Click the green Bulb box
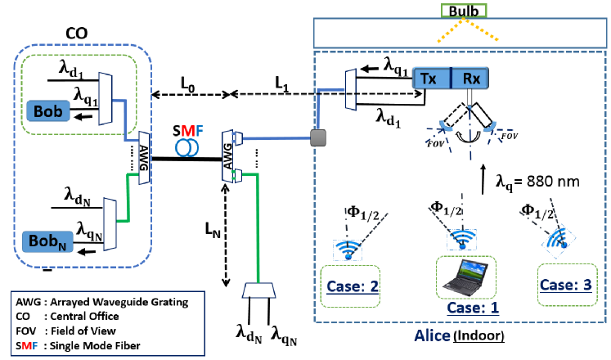coord(463,10)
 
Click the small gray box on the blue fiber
coord(317,136)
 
